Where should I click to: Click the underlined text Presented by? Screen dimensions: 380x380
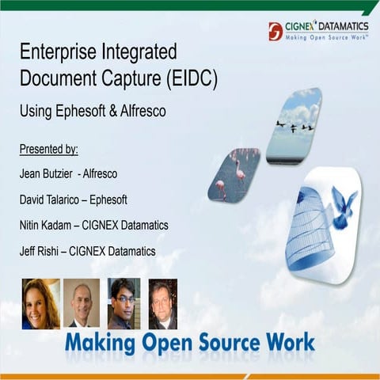[49, 149]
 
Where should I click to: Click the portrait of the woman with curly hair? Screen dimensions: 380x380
[40, 303]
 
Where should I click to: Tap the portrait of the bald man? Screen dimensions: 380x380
[82, 303]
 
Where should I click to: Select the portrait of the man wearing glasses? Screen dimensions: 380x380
[123, 303]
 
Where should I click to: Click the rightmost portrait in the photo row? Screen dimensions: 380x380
[163, 303]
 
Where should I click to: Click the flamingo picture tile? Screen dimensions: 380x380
[234, 174]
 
